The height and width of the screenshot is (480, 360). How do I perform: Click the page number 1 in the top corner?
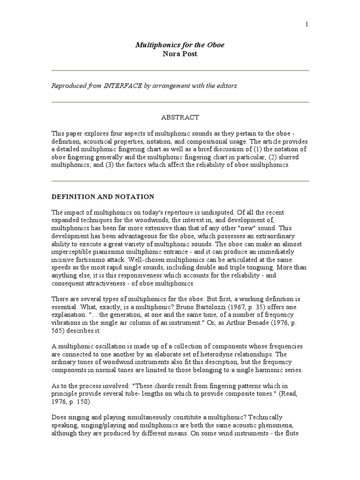(x=307, y=25)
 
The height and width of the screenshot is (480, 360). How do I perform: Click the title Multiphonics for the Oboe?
(x=180, y=45)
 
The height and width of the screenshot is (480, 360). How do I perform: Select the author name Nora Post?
(x=180, y=53)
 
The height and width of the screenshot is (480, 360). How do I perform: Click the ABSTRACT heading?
(x=180, y=117)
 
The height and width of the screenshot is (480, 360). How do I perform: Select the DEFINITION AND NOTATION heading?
(x=103, y=196)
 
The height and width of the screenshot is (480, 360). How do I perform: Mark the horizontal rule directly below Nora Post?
(x=180, y=70)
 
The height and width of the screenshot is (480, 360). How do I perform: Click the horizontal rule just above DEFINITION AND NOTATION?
(x=180, y=181)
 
